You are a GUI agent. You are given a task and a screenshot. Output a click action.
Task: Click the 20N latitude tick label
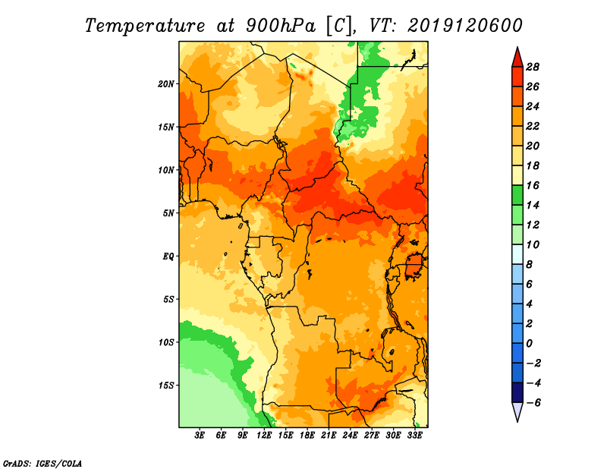tap(166, 83)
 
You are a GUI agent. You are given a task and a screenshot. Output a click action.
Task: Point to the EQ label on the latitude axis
tap(168, 256)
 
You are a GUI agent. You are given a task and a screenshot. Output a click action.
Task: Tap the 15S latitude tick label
tap(166, 386)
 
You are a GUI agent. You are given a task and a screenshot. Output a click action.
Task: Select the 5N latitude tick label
tap(168, 213)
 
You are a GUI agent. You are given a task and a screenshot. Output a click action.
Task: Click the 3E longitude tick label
tap(200, 436)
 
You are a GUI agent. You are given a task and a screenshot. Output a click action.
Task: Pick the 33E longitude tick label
tap(414, 436)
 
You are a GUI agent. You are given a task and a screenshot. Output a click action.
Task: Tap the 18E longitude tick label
tap(307, 436)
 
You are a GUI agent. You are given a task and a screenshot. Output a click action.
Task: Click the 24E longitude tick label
tap(350, 436)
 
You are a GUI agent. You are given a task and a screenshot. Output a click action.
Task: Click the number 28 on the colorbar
tap(533, 67)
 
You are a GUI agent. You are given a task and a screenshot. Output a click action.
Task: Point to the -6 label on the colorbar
tap(533, 403)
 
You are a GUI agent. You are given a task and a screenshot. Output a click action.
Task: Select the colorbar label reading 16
tap(533, 185)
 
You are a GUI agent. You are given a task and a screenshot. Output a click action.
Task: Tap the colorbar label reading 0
tap(530, 344)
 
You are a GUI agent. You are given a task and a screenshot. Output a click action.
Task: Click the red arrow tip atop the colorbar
tap(517, 48)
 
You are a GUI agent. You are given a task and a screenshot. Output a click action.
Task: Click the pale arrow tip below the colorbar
tap(517, 420)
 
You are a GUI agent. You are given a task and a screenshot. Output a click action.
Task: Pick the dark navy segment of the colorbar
tap(517, 392)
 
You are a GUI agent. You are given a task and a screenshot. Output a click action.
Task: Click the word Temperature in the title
tap(145, 26)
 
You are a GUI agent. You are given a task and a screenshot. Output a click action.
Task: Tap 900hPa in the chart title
tap(281, 26)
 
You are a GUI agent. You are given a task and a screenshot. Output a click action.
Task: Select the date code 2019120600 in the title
tap(465, 26)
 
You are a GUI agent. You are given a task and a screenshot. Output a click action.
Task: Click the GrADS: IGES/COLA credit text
tap(42, 463)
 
